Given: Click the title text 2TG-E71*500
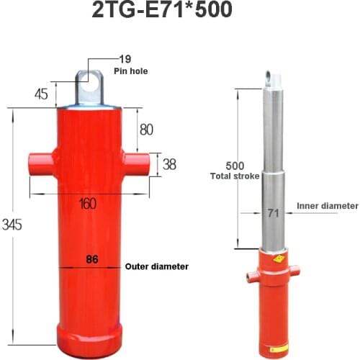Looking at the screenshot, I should pyautogui.click(x=178, y=13).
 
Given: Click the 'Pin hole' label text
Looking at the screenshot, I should pyautogui.click(x=130, y=71).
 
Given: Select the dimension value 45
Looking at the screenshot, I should pyautogui.click(x=41, y=93).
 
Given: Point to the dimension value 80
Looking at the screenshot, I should pyautogui.click(x=146, y=130).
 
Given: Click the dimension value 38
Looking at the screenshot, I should pyautogui.click(x=169, y=164).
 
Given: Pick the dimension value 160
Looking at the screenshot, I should pyautogui.click(x=87, y=204).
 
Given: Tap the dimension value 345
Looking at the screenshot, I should pyautogui.click(x=12, y=224).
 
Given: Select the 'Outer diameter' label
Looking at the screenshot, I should pyautogui.click(x=157, y=266).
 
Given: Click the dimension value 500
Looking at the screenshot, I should pyautogui.click(x=235, y=165).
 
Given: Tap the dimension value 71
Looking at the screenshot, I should pyautogui.click(x=271, y=213).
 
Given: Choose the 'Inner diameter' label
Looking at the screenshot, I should pyautogui.click(x=327, y=205).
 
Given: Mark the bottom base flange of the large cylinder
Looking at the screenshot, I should pyautogui.click(x=90, y=333).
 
